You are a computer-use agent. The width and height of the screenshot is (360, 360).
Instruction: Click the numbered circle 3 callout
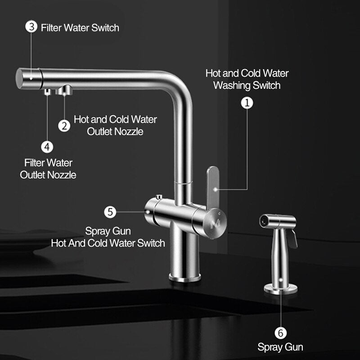pyautogui.click(x=31, y=27)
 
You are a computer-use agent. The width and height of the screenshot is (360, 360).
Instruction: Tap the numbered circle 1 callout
pyautogui.click(x=247, y=103)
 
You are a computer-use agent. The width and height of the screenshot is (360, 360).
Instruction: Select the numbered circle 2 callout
pyautogui.click(x=64, y=126)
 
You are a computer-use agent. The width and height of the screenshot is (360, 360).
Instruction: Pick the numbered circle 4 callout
pyautogui.click(x=47, y=147)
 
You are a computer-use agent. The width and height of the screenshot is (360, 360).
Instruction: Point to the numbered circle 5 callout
pyautogui.click(x=110, y=212)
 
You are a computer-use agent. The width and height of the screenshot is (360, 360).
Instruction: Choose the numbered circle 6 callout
pyautogui.click(x=280, y=333)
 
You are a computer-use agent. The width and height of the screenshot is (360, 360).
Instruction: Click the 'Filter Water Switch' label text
pyautogui.click(x=80, y=28)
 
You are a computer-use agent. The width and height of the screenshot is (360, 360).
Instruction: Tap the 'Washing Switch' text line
pyautogui.click(x=247, y=85)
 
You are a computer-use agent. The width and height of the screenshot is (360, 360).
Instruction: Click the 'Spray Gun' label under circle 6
pyautogui.click(x=280, y=347)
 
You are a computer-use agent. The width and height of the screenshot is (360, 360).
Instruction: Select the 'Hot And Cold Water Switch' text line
pyautogui.click(x=108, y=243)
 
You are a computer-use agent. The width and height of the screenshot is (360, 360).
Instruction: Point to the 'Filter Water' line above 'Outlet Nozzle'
pyautogui.click(x=48, y=163)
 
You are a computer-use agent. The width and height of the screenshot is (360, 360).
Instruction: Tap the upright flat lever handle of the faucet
pyautogui.click(x=212, y=188)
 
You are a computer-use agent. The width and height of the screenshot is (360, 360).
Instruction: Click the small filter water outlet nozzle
pyautogui.click(x=47, y=92)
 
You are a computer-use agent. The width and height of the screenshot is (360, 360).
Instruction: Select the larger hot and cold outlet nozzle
pyautogui.click(x=64, y=90)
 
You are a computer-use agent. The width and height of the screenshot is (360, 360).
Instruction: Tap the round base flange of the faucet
pyautogui.click(x=185, y=277)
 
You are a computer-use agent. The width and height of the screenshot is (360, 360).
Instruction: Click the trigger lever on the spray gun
pyautogui.click(x=292, y=239)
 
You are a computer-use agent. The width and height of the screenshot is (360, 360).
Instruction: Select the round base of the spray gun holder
pyautogui.click(x=280, y=288)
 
